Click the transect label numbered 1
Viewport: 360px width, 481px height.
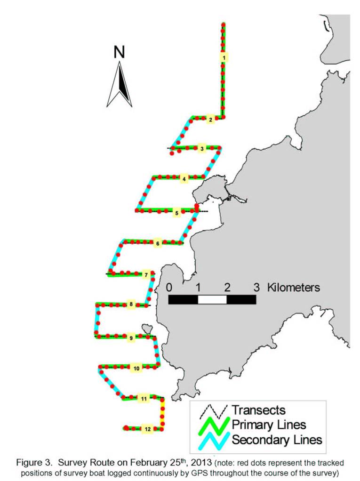(x=224, y=57)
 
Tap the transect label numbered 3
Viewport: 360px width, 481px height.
(x=202, y=149)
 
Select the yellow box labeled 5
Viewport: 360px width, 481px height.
(x=176, y=213)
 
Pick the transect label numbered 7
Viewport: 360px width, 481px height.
(x=146, y=275)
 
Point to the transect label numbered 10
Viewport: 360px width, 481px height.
(x=136, y=368)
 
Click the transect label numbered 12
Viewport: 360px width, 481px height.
(x=147, y=429)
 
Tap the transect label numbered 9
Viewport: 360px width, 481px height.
(x=131, y=338)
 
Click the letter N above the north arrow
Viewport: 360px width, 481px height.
(x=119, y=52)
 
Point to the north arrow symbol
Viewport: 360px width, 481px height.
(x=119, y=84)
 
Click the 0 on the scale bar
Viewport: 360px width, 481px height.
(x=169, y=288)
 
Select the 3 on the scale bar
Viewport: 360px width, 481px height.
(x=256, y=288)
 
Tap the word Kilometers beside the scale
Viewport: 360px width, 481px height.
(x=294, y=288)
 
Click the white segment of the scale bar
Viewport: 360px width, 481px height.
(x=212, y=299)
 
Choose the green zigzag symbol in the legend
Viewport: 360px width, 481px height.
(x=214, y=425)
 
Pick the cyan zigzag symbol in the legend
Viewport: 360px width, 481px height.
(x=214, y=441)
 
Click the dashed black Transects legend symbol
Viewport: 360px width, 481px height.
(x=214, y=411)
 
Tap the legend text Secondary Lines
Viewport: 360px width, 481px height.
(x=277, y=440)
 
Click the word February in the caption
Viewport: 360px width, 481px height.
(x=148, y=462)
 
